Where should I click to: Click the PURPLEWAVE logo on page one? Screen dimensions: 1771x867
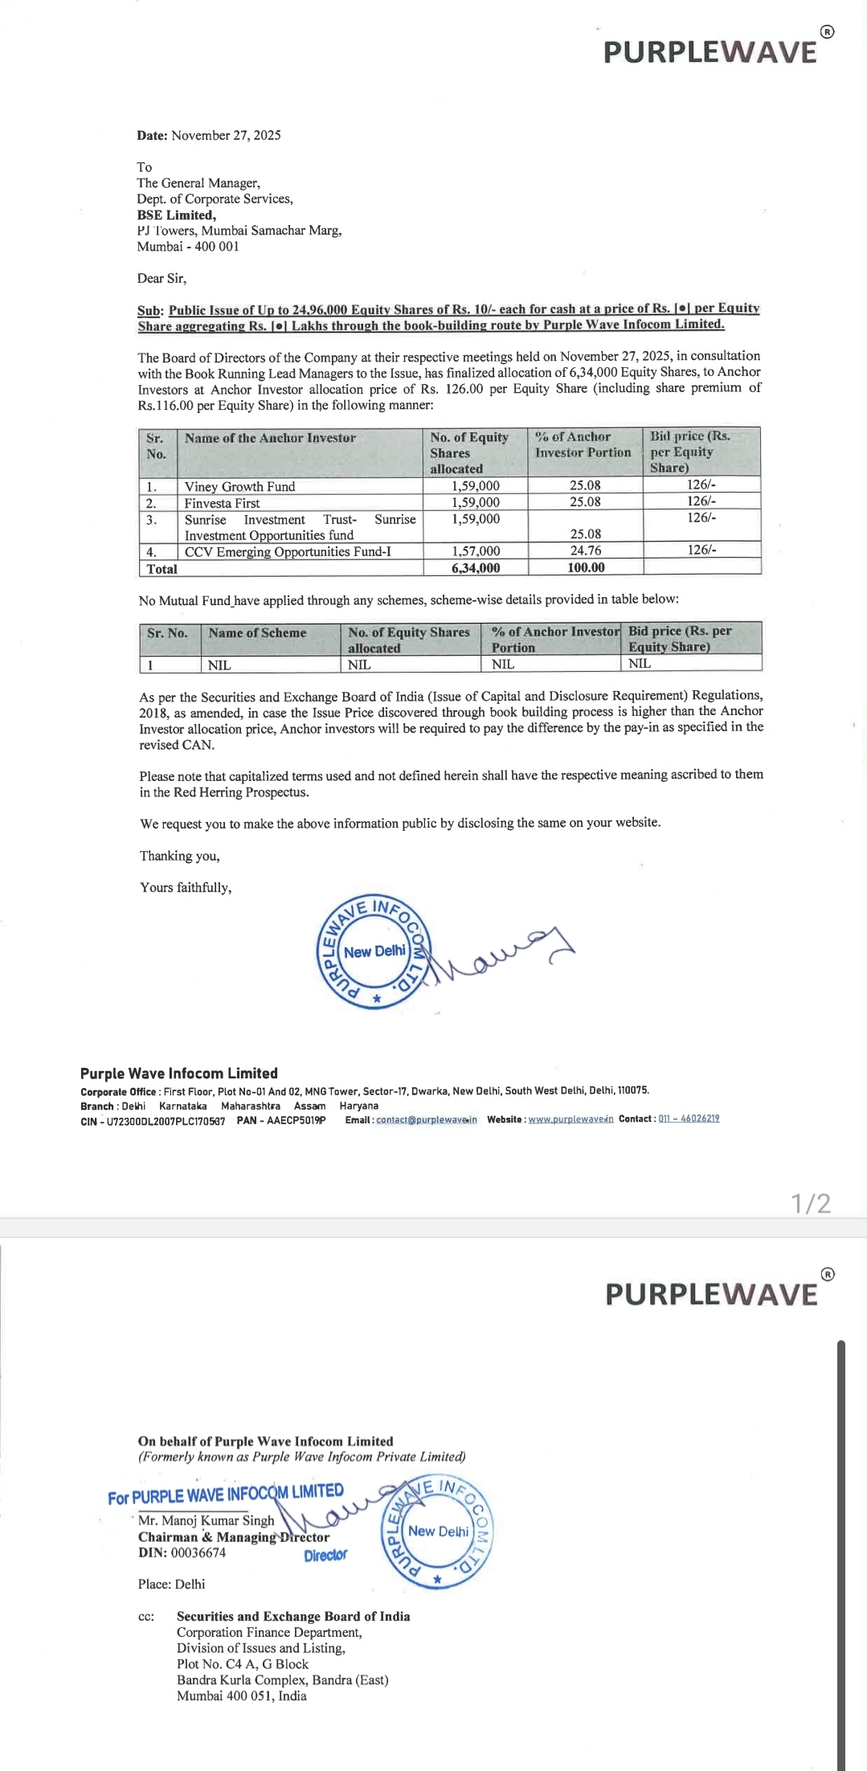[x=711, y=51]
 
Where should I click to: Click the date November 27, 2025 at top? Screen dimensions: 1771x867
[x=226, y=135]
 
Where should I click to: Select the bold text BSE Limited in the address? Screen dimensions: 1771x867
[x=176, y=215]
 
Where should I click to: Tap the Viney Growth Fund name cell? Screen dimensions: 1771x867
[x=239, y=486]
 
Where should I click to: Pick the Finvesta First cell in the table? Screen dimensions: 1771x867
[x=222, y=503]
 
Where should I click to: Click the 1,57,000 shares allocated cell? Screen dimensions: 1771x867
[x=476, y=551]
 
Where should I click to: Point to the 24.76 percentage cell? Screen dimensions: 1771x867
[x=586, y=550]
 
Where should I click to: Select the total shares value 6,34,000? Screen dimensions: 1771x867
[x=476, y=568]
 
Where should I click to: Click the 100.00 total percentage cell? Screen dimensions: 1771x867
[x=586, y=567]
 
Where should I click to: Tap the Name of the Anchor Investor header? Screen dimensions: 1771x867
[x=270, y=438]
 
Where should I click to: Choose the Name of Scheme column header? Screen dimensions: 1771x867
[x=257, y=633]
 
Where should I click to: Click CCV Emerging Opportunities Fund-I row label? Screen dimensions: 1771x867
[x=288, y=551]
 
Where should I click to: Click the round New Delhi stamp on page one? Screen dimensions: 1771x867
[x=374, y=951]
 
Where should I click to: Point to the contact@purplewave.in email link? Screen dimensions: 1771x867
[x=427, y=1120]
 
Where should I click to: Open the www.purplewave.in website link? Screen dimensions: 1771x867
[x=571, y=1119]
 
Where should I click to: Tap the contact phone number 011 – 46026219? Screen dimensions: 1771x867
[x=689, y=1119]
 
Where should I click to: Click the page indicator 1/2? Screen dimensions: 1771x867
[x=811, y=1203]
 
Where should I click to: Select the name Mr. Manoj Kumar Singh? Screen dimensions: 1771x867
[x=207, y=1520]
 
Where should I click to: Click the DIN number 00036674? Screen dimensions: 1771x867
[x=198, y=1552]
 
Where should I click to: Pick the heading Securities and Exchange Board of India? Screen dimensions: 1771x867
[x=293, y=1617]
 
